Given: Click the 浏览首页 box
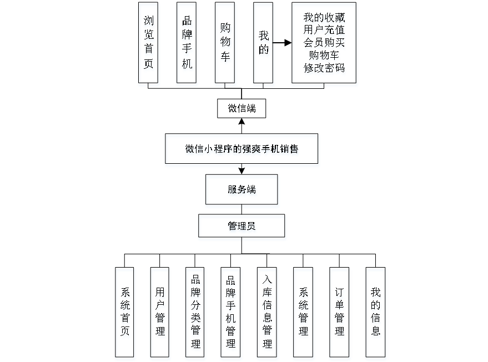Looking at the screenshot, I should [148, 43].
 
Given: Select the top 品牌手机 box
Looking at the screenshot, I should [187, 43].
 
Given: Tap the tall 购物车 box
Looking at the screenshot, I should [225, 43].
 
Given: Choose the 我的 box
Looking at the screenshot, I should [264, 43].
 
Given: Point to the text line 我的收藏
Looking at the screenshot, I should [324, 18].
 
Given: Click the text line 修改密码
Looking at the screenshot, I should [324, 68].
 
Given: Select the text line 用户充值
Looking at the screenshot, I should [324, 31].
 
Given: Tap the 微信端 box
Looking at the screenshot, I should [242, 108].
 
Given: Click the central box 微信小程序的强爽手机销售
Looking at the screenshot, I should [242, 148].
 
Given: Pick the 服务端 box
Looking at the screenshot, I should [242, 189].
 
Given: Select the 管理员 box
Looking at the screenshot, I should [242, 226].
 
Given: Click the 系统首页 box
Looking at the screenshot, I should [124, 311].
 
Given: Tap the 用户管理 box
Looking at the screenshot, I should [160, 311].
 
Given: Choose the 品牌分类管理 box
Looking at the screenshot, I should [195, 311].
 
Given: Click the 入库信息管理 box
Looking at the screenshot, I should [267, 311].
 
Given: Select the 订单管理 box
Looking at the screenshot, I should [339, 311].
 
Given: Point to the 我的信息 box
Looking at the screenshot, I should [375, 311].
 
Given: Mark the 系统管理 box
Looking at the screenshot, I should [303, 311].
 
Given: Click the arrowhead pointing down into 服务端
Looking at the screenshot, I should [242, 171].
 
